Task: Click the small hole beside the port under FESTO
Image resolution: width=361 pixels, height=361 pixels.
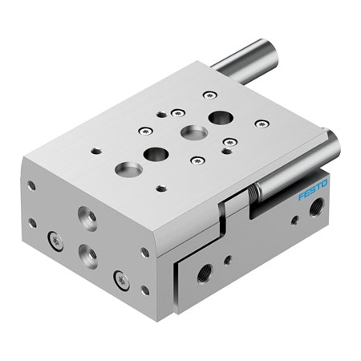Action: [x=294, y=218]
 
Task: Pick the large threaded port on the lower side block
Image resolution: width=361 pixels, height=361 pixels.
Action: [x=203, y=272]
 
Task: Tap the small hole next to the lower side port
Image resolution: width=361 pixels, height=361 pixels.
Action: [x=228, y=259]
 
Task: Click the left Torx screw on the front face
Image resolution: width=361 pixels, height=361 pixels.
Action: [x=54, y=238]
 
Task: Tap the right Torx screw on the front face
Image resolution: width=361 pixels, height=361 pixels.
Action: [x=120, y=279]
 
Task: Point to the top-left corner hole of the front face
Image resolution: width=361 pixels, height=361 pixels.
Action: [x=31, y=185]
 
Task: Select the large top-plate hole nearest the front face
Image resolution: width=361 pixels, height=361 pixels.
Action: [x=126, y=169]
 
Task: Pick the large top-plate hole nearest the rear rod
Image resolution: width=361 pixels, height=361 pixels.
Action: [x=219, y=117]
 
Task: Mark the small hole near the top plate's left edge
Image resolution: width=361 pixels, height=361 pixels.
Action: [x=96, y=150]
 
